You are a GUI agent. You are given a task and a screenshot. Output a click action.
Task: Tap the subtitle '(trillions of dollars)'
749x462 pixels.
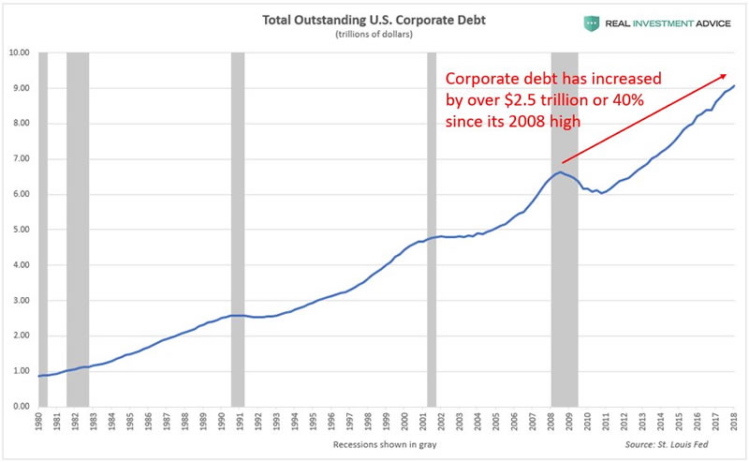point(374,36)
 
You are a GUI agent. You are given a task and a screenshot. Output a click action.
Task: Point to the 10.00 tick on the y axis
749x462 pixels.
point(19,53)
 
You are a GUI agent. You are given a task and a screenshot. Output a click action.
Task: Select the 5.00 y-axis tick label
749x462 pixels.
point(19,230)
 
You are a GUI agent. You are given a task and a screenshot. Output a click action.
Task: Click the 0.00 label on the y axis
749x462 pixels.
point(19,407)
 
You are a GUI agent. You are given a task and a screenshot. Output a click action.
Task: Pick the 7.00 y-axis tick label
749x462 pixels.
point(19,159)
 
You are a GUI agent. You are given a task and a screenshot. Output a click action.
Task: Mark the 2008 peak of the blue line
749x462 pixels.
point(559,171)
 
